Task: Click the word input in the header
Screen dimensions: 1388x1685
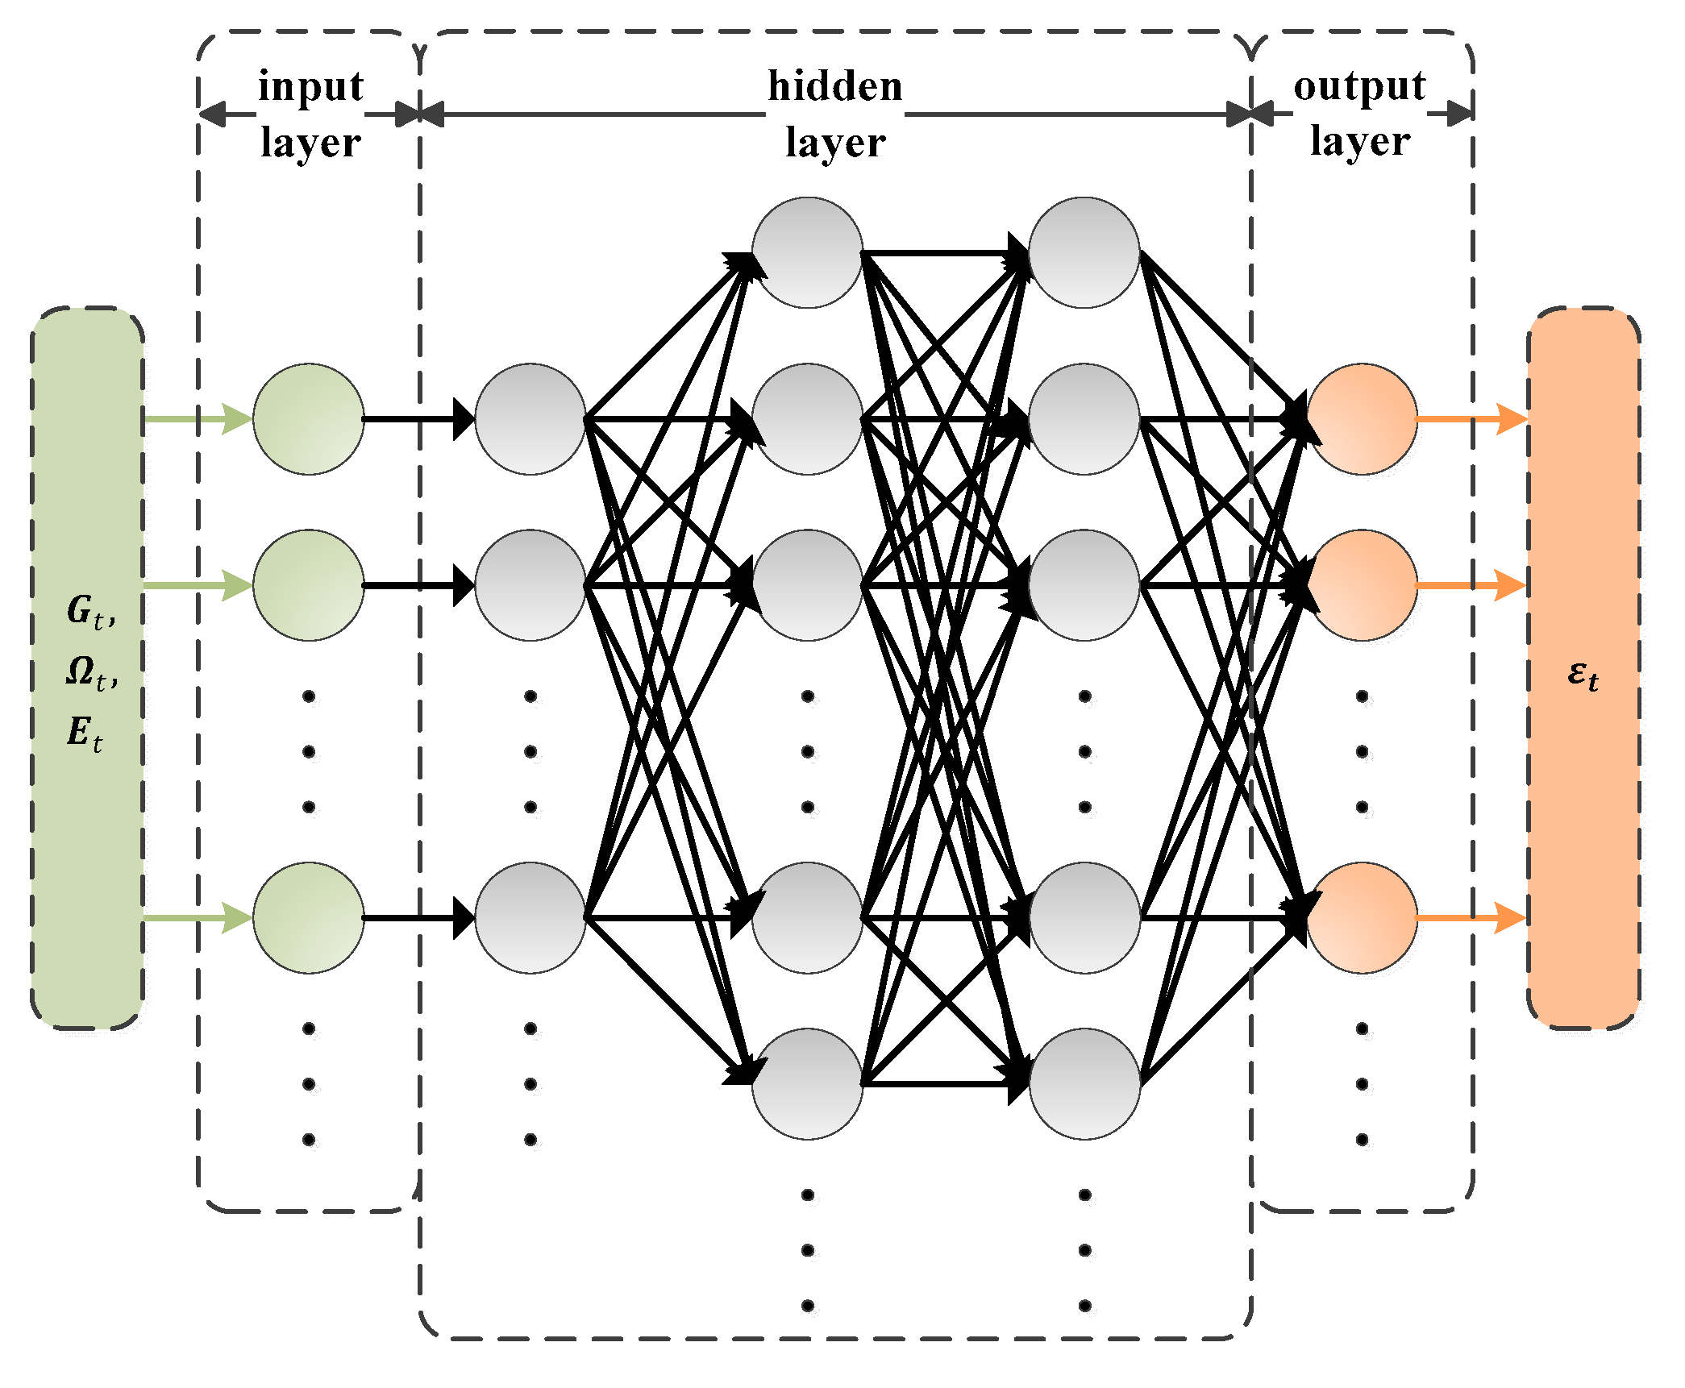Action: click(x=310, y=87)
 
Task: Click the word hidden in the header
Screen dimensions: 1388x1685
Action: click(x=834, y=86)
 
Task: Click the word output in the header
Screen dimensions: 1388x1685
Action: click(x=1359, y=86)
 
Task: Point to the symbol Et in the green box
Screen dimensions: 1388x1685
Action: click(x=85, y=733)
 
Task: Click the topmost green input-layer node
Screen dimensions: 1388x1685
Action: click(x=309, y=418)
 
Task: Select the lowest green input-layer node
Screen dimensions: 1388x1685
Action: click(x=309, y=917)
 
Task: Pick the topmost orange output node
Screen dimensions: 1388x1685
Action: click(x=1362, y=418)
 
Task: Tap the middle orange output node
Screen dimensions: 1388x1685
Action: click(x=1362, y=584)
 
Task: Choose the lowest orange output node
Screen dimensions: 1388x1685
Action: click(x=1362, y=917)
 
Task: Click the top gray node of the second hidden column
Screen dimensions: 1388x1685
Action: click(x=807, y=252)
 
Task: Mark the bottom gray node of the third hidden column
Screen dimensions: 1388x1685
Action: click(x=1084, y=1083)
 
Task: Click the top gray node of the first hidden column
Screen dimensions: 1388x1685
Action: click(x=530, y=418)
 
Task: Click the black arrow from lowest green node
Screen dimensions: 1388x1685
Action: click(x=418, y=917)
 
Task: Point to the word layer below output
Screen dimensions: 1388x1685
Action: click(x=1359, y=142)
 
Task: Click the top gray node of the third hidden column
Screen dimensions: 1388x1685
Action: click(x=1084, y=252)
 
